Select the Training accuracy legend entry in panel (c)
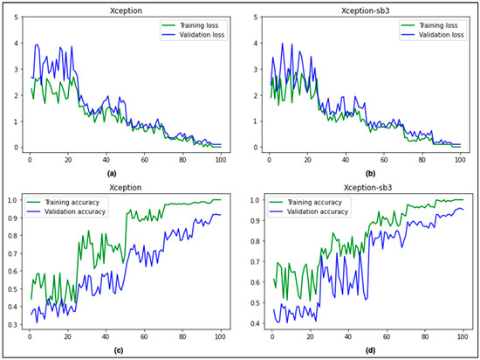71,202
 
